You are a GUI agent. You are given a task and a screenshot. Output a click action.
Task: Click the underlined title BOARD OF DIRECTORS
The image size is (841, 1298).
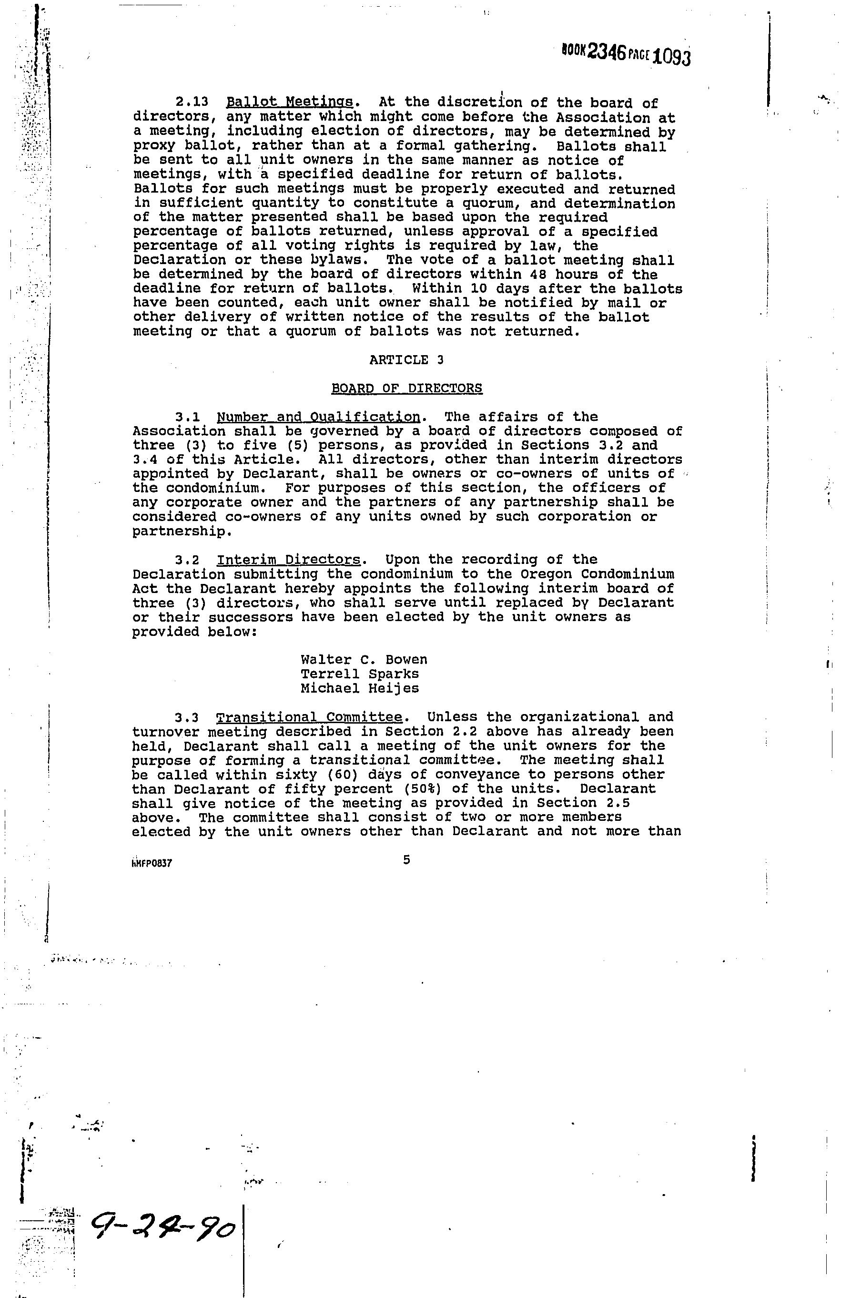tap(406, 388)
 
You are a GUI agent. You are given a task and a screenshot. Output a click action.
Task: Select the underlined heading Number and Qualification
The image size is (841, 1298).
tap(318, 417)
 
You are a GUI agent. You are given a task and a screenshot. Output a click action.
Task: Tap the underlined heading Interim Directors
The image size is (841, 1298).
tap(288, 560)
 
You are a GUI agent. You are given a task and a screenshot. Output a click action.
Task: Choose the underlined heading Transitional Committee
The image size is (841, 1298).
tap(309, 717)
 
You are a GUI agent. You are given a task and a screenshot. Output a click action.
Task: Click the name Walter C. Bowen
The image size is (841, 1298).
tap(364, 660)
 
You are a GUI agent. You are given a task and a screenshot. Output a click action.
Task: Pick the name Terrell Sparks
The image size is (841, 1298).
tap(360, 674)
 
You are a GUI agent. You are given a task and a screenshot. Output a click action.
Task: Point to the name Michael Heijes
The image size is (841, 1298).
tap(360, 688)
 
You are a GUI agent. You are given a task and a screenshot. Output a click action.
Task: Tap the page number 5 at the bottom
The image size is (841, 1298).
tap(406, 860)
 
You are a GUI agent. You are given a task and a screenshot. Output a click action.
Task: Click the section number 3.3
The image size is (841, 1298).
tap(188, 717)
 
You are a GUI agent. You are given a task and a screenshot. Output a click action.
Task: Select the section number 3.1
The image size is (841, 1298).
tap(188, 417)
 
